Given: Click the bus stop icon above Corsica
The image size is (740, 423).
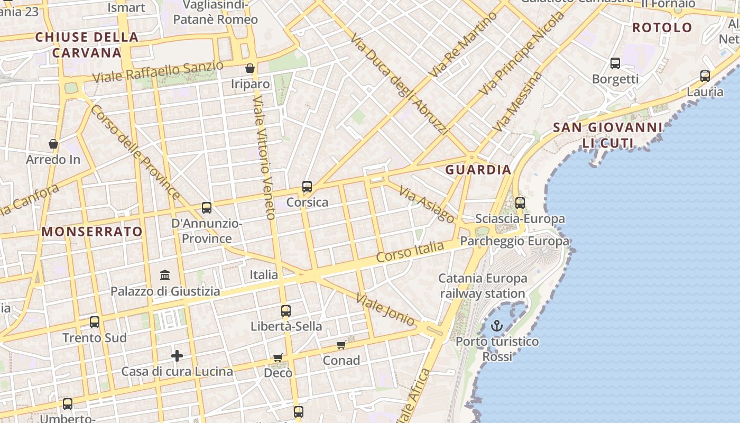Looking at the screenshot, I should (307, 187).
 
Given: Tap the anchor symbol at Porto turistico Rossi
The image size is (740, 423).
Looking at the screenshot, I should (496, 326).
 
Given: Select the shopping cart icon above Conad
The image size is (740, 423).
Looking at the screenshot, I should (341, 345).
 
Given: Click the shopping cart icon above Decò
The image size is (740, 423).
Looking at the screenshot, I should (278, 358).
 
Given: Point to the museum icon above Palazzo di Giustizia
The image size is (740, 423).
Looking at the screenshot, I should (165, 275).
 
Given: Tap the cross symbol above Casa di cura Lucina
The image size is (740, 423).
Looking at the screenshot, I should (177, 356).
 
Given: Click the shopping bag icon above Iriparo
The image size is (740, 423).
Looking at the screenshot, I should (250, 68).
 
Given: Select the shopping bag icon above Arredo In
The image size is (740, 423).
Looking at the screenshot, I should (53, 144).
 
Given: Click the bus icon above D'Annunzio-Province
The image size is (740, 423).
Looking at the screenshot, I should (207, 208).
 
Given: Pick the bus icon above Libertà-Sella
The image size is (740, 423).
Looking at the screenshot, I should (286, 311).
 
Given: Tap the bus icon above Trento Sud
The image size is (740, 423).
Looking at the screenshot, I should (95, 322).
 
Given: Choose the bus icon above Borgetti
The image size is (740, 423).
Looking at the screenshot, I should (615, 63).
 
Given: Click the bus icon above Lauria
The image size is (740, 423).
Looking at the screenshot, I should (705, 76).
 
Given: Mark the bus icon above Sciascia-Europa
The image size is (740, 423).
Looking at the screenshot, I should (520, 203).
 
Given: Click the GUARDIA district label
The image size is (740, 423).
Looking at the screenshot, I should (478, 170).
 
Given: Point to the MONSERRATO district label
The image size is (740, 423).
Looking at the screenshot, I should (92, 232).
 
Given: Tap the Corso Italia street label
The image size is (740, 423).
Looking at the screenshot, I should (410, 252).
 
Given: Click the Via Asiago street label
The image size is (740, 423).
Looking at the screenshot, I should (426, 204).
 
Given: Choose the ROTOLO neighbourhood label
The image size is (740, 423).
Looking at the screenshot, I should (662, 27).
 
